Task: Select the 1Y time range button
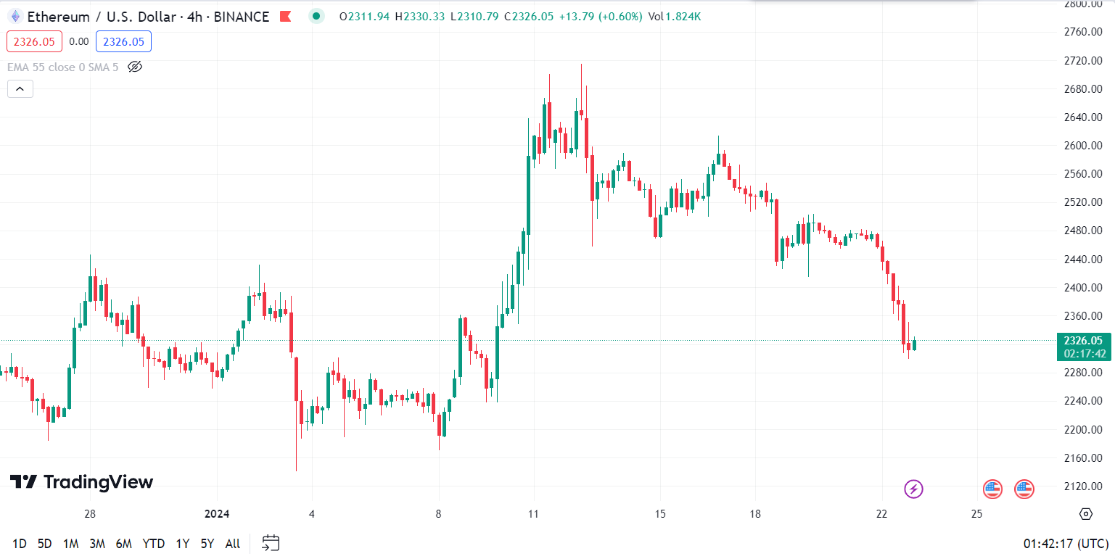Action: coord(182,543)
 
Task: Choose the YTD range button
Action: coord(153,543)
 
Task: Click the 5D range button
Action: coord(45,543)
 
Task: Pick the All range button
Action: coord(232,543)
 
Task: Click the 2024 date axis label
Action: coord(217,514)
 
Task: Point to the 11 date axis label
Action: coord(533,514)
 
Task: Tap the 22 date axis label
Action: coord(881,514)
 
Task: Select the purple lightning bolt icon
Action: coord(913,489)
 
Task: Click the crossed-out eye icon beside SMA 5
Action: coord(135,67)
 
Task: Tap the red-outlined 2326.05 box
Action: coord(35,42)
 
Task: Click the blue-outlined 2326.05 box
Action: coord(123,42)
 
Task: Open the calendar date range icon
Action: coord(271,542)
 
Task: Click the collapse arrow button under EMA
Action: coord(20,89)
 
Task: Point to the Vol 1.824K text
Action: coord(675,16)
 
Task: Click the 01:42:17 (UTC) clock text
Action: coord(1064,543)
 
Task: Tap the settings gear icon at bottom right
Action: coord(1085,514)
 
